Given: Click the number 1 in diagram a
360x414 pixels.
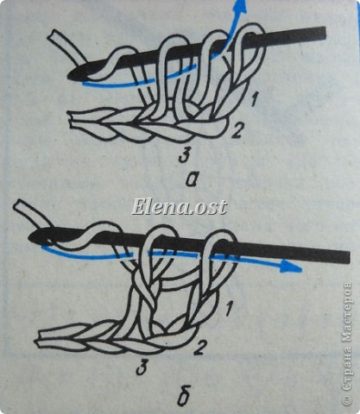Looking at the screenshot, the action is tap(254, 100).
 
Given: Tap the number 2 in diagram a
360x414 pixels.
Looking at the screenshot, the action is tap(237, 131).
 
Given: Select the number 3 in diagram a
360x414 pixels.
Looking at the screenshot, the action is tap(185, 155).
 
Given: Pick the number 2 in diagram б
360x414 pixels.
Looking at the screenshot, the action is tap(200, 348).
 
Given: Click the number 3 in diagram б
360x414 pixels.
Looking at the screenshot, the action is tap(142, 368).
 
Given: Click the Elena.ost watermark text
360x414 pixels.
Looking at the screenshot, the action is tap(179, 207).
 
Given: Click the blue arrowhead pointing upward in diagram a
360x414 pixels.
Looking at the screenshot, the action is tap(241, 6).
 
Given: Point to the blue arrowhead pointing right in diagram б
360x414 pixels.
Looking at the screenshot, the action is tap(291, 267).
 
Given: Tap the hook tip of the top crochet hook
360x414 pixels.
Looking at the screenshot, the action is tap(70, 76).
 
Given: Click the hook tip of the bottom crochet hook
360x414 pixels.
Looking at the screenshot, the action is tap(32, 237).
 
